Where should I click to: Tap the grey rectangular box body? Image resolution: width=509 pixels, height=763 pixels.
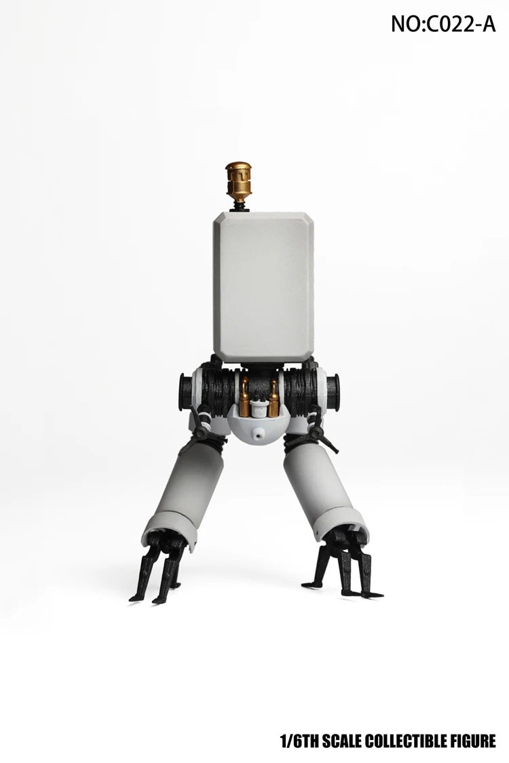263,288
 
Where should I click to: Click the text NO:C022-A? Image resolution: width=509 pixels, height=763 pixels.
443,24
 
